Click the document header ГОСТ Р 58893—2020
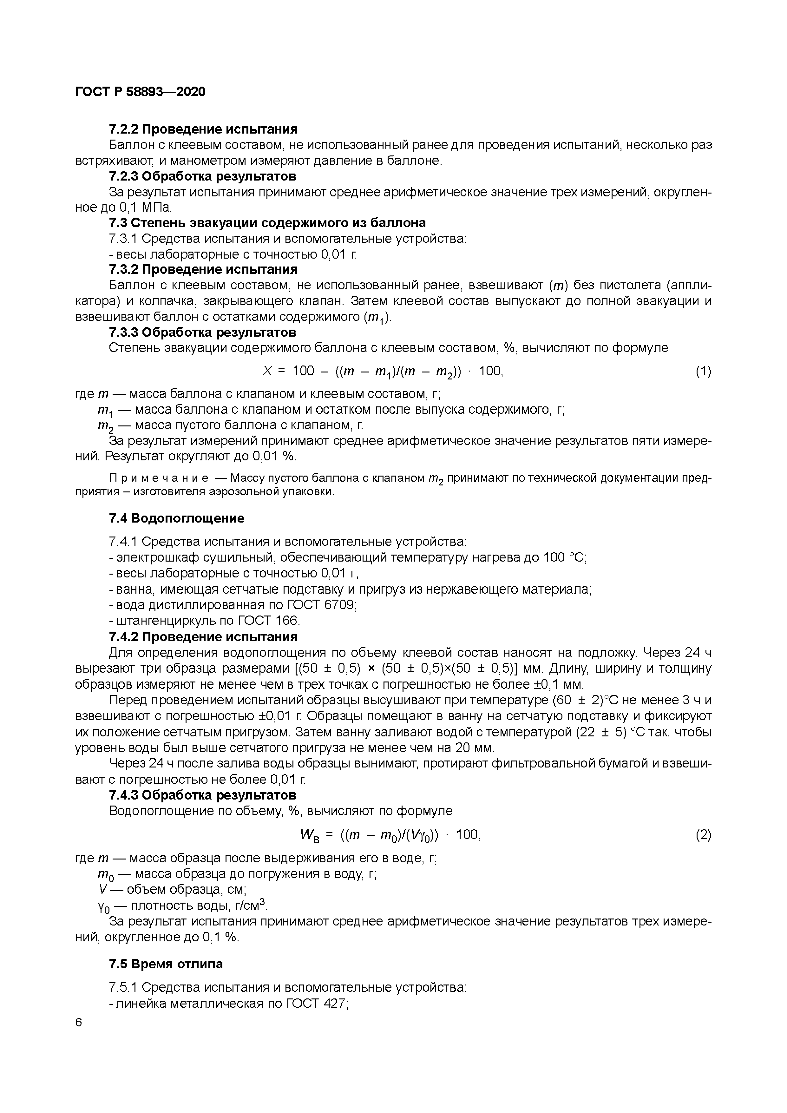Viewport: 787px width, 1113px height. click(x=141, y=92)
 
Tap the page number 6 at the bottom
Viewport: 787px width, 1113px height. click(x=79, y=1022)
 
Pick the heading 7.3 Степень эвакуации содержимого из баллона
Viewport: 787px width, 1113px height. click(x=267, y=223)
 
